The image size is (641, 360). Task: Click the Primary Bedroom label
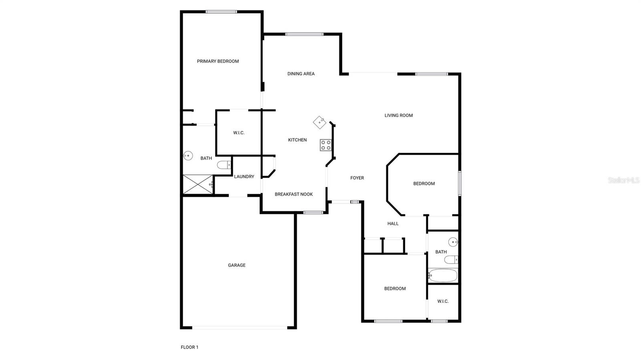(x=218, y=61)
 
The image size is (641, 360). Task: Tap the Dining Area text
(x=301, y=74)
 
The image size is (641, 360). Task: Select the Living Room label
(x=399, y=115)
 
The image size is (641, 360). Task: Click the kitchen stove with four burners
(x=326, y=145)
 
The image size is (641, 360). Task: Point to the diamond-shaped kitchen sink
(x=320, y=123)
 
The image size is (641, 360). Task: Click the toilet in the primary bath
(x=224, y=165)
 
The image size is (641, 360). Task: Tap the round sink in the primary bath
(x=188, y=156)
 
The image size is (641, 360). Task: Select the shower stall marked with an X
(x=198, y=184)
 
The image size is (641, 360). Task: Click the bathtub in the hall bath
(x=443, y=276)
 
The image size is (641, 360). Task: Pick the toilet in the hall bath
(x=451, y=259)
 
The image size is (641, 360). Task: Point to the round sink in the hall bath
(x=453, y=242)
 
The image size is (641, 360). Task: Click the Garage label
(x=237, y=265)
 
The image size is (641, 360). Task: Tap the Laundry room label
(x=244, y=177)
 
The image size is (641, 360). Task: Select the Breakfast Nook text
(x=294, y=195)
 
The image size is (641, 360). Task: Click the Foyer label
(x=357, y=178)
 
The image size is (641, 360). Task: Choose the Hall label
(x=393, y=223)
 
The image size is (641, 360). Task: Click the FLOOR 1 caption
(x=189, y=347)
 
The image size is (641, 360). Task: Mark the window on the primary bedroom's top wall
(x=221, y=12)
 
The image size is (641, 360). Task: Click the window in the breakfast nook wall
(x=313, y=213)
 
